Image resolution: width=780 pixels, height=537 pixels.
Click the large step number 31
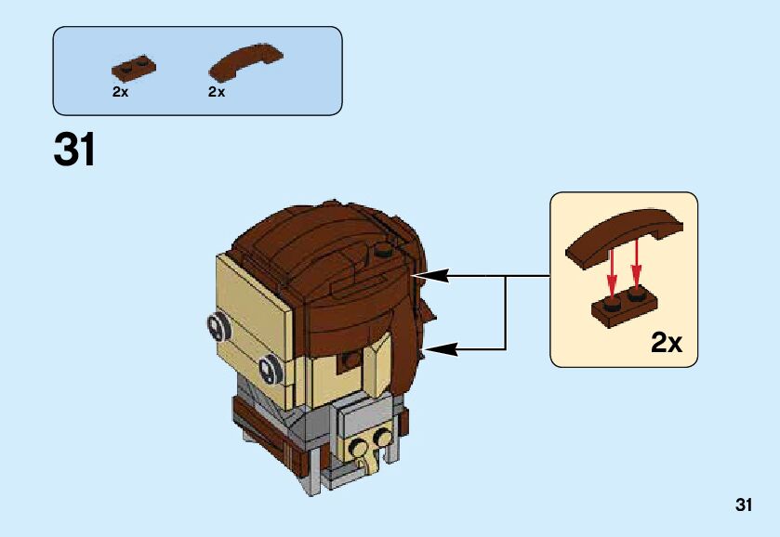tap(74, 150)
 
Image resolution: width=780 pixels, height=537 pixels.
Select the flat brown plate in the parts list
tap(133, 68)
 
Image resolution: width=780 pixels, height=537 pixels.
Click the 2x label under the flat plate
tap(120, 92)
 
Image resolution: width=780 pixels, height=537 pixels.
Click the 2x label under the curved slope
tap(217, 92)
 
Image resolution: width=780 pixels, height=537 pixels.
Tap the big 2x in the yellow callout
tap(666, 343)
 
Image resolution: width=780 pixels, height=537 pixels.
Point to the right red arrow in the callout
tap(636, 264)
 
